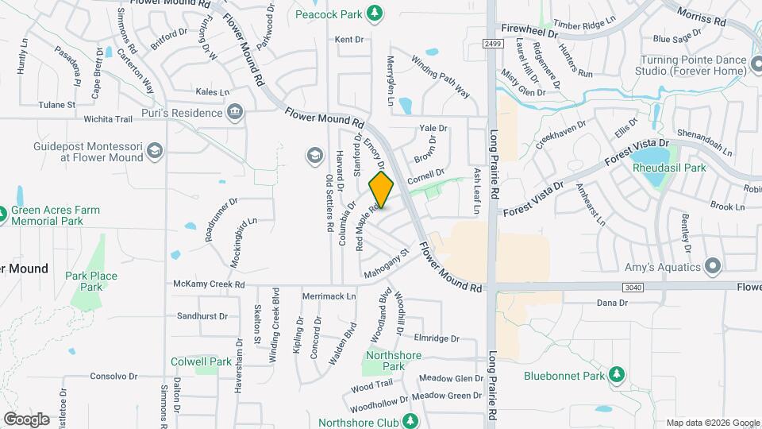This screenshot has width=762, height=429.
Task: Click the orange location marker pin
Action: click(382, 189)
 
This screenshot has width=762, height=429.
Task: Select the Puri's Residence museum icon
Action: click(235, 113)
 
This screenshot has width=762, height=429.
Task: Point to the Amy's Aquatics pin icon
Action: click(713, 266)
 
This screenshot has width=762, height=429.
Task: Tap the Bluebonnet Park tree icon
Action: click(615, 374)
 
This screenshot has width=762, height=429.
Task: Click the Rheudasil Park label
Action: click(669, 168)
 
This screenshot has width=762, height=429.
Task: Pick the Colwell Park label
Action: click(201, 361)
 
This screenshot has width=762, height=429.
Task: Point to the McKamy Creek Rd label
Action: click(210, 284)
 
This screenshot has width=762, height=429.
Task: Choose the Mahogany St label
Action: click(386, 265)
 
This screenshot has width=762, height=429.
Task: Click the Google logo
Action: click(26, 419)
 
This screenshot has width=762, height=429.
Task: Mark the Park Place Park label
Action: click(91, 281)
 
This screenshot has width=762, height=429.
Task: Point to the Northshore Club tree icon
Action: click(410, 422)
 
